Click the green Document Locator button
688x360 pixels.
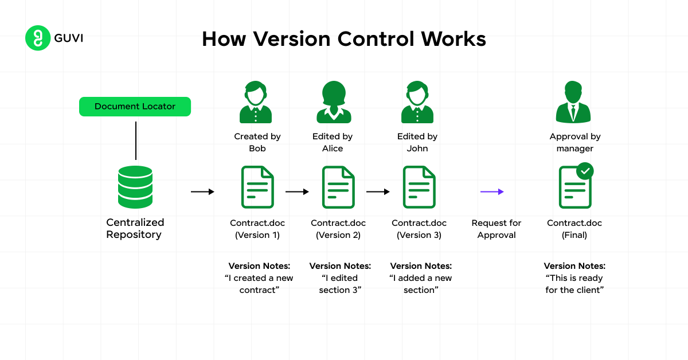point(135,107)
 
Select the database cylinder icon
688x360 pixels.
point(135,187)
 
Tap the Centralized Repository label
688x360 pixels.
point(135,228)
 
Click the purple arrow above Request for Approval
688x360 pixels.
point(492,192)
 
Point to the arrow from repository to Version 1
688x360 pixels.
point(202,192)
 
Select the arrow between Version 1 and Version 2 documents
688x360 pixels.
point(297,192)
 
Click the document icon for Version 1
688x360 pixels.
point(257,187)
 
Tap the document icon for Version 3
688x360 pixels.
point(419,187)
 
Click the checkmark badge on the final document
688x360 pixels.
point(585,171)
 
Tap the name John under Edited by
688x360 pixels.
point(417,148)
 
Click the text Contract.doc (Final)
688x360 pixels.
point(574,229)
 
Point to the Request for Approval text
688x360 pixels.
point(497,229)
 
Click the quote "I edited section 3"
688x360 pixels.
point(340,284)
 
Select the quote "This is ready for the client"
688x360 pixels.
point(574,284)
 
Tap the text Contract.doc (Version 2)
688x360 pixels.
point(338,229)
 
